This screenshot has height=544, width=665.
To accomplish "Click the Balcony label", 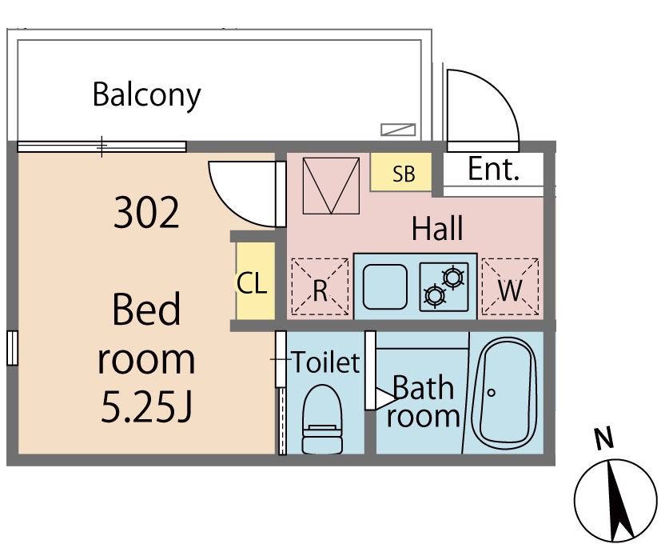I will [x=146, y=95].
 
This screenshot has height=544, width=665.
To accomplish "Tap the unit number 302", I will [x=146, y=214].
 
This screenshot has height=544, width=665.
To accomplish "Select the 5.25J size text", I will [x=146, y=407].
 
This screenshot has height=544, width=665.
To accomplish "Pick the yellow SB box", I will [x=402, y=173].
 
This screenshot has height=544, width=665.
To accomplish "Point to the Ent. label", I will [x=493, y=169].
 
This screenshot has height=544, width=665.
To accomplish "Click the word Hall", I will [x=437, y=229].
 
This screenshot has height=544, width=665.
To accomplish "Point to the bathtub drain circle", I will [x=491, y=393].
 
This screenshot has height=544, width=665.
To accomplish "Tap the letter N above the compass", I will [x=604, y=438].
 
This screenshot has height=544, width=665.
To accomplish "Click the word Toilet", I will [x=325, y=362].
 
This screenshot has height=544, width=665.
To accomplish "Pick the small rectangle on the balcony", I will [x=398, y=130].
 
